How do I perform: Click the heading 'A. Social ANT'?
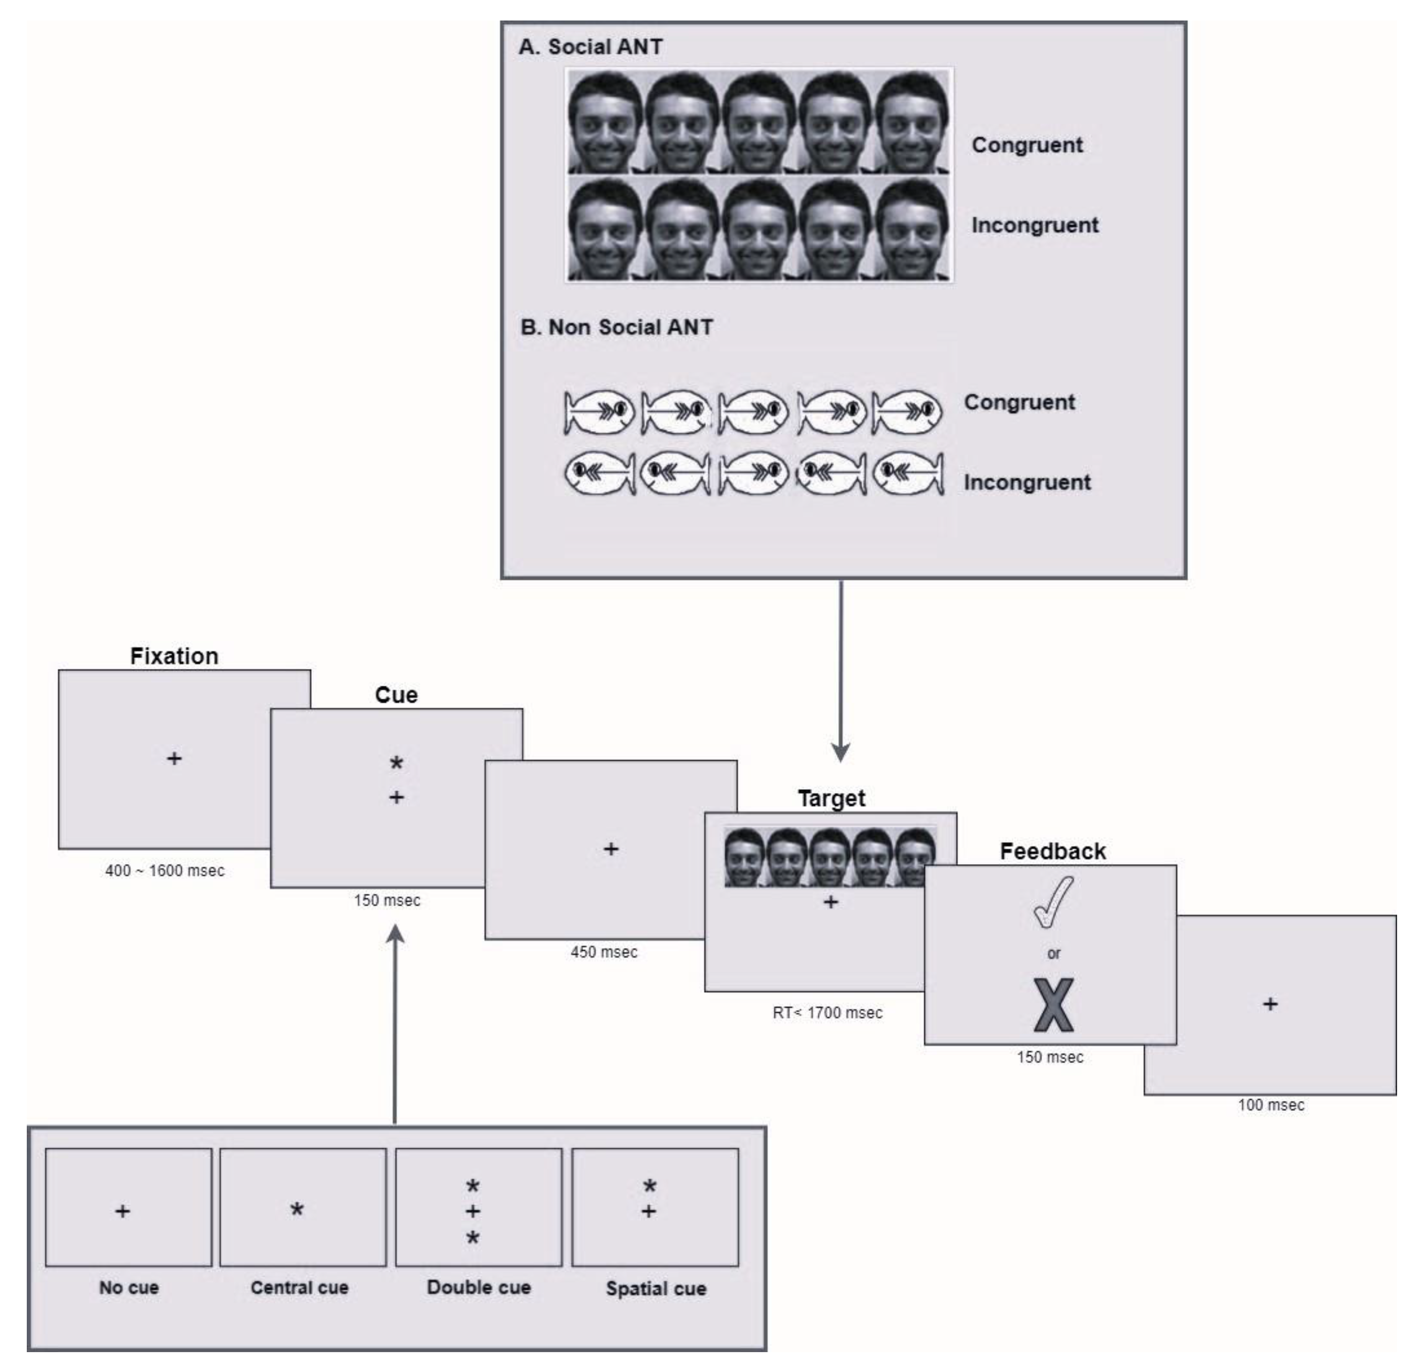tap(590, 47)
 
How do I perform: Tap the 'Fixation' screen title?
tap(174, 656)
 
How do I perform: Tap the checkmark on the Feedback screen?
tap(1053, 901)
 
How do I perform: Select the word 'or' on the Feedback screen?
tap(1053, 954)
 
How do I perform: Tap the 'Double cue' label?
tap(479, 1288)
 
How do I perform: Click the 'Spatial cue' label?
tap(656, 1288)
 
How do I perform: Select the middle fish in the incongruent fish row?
tap(753, 474)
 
